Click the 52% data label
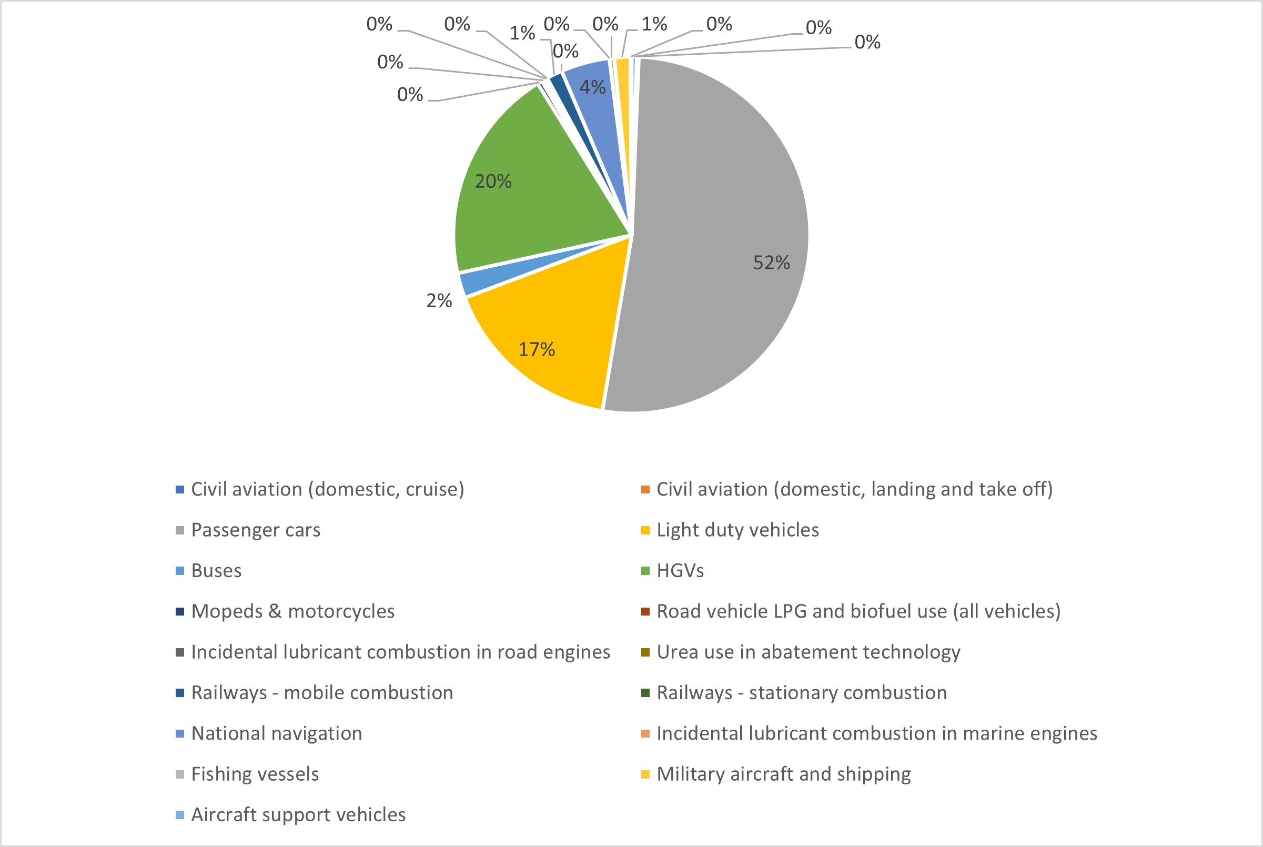click(771, 263)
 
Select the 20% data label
click(492, 181)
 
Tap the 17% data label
click(536, 349)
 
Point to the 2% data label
click(439, 301)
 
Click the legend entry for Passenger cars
click(256, 530)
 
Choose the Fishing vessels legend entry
click(255, 774)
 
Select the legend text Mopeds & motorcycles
click(292, 611)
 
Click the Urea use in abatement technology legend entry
click(809, 652)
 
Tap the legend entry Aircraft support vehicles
click(298, 814)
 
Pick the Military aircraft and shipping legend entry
click(783, 774)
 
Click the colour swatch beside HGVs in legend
click(645, 571)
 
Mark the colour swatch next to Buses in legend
click(180, 571)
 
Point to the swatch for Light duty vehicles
click(645, 530)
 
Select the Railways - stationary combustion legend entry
click(801, 693)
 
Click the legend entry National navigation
click(277, 733)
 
